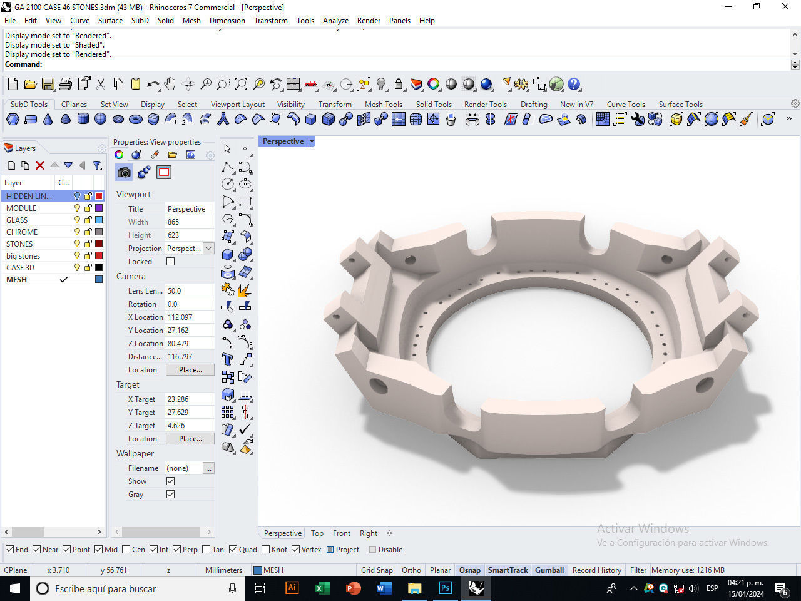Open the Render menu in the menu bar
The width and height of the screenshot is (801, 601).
(x=369, y=20)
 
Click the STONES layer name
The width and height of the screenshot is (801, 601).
(x=19, y=244)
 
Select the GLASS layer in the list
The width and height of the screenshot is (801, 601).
(x=17, y=220)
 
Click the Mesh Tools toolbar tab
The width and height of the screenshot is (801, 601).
(x=383, y=105)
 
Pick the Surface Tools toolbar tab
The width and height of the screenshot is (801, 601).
(x=680, y=105)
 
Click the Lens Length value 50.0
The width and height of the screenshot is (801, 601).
(x=175, y=290)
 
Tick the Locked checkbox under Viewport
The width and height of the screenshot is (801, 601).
(x=170, y=262)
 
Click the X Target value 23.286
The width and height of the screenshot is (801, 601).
(x=178, y=399)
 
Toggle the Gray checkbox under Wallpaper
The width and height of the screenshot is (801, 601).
(x=170, y=495)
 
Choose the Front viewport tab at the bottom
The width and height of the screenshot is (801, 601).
(x=342, y=533)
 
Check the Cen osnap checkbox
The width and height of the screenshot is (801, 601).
(x=126, y=550)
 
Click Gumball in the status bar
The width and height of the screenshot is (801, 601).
(x=549, y=570)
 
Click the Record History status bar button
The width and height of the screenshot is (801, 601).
(x=596, y=570)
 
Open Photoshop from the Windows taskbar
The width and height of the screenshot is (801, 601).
(x=445, y=588)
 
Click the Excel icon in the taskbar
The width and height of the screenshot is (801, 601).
(x=322, y=588)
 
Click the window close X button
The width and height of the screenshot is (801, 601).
(x=785, y=7)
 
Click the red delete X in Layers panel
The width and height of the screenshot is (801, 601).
(x=40, y=165)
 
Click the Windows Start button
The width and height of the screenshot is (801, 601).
(x=14, y=588)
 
